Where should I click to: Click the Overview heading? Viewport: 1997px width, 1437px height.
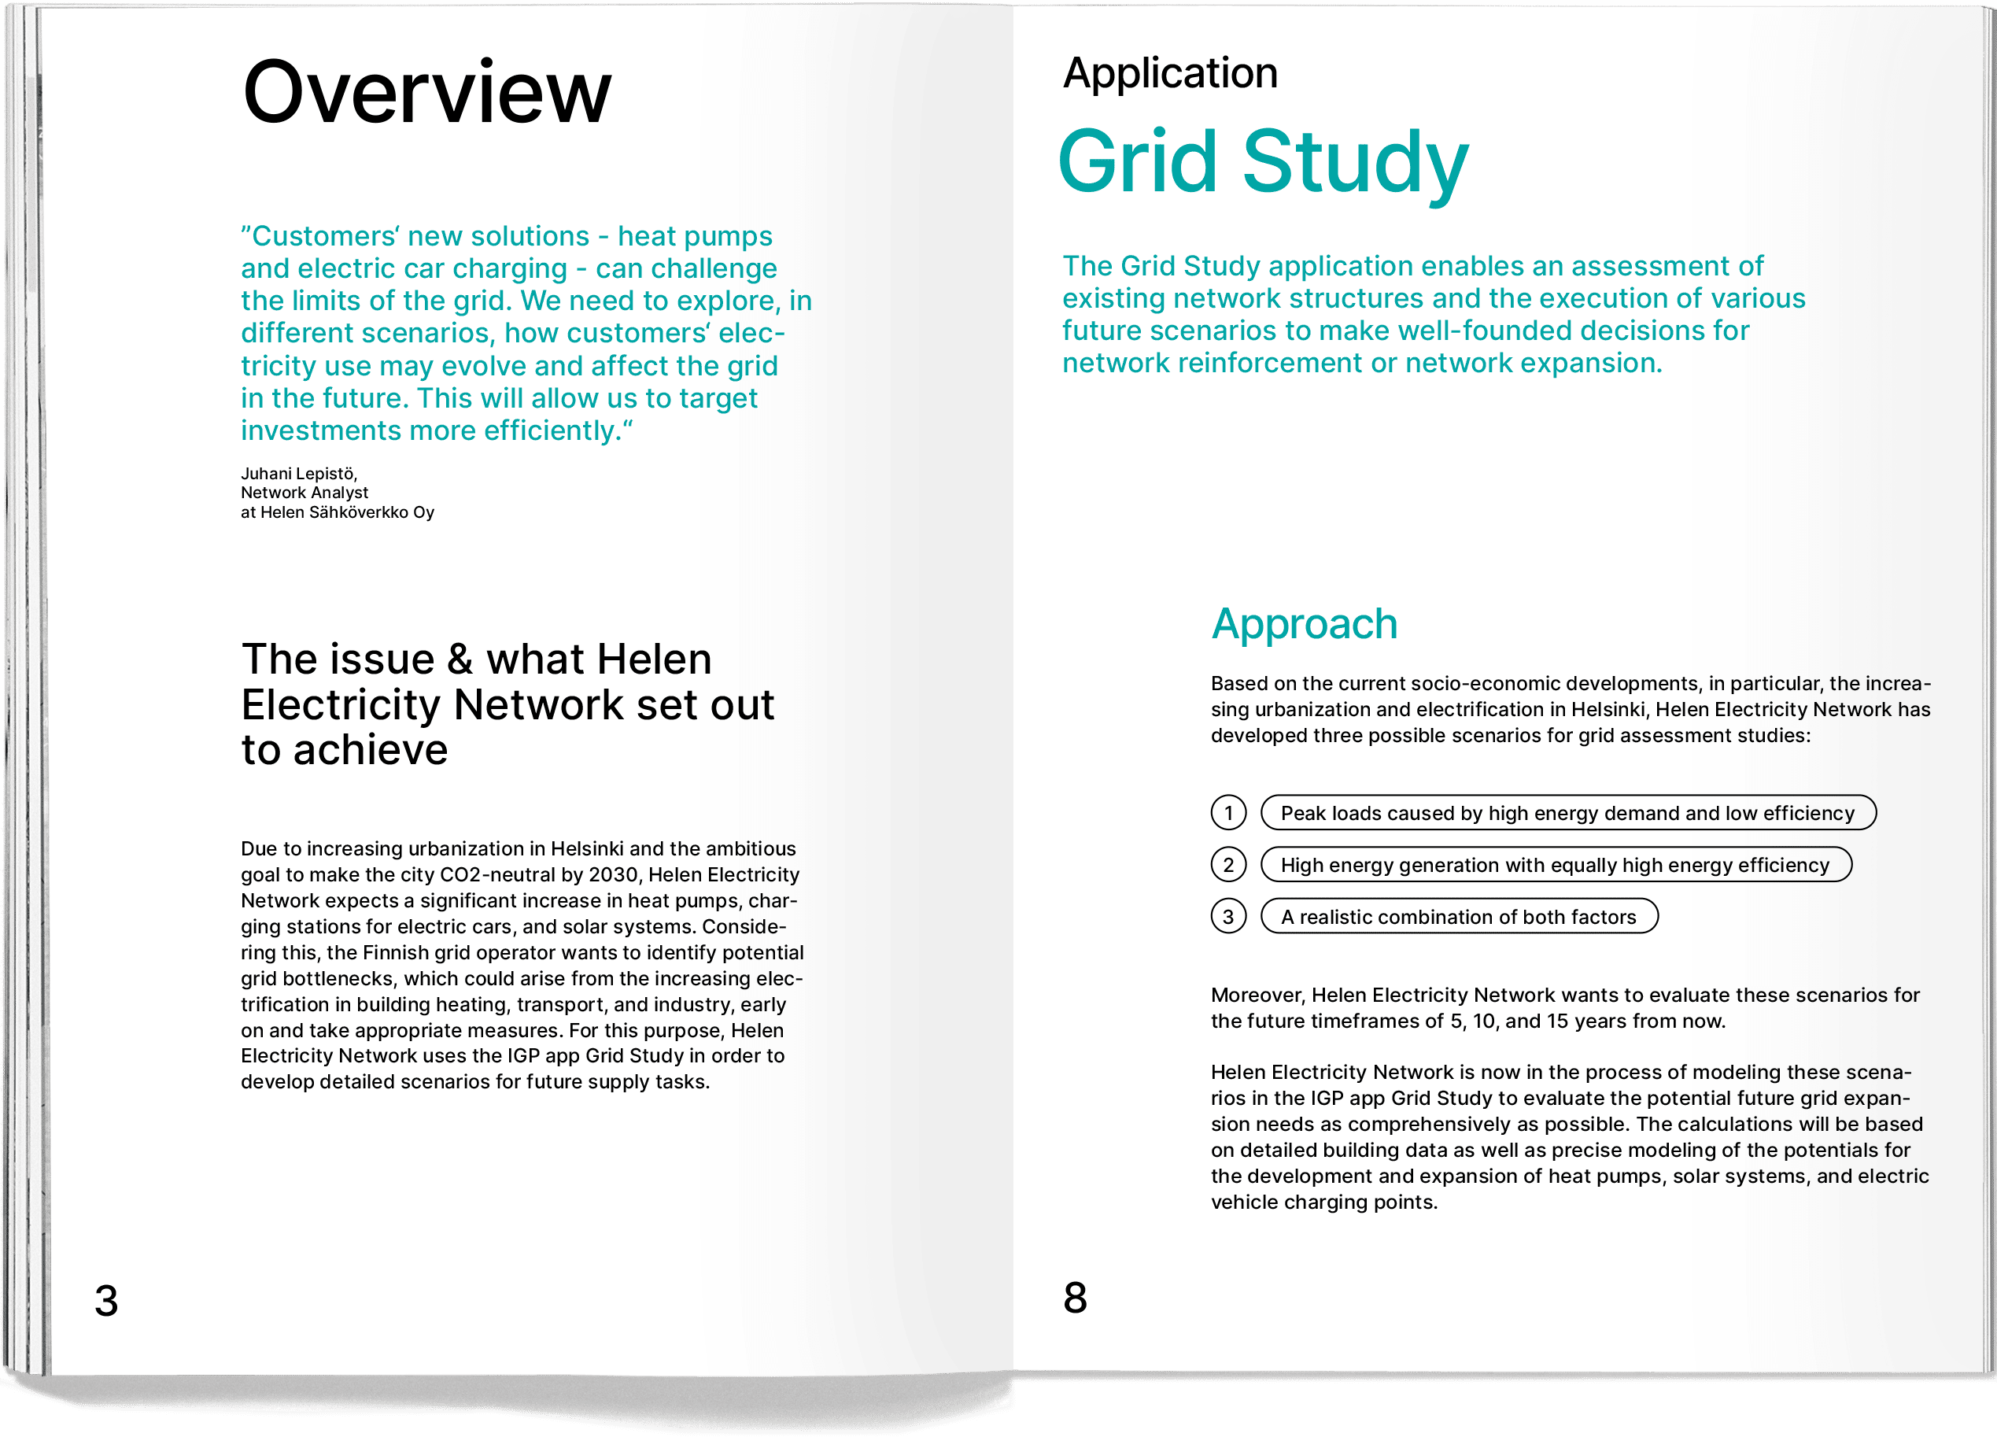point(426,92)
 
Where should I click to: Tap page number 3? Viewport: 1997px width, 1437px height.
point(106,1301)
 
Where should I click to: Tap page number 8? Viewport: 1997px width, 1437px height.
point(1075,1297)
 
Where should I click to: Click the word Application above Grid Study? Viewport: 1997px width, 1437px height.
point(1170,73)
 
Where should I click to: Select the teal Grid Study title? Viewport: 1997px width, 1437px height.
point(1263,163)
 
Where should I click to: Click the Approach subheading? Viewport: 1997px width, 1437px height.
point(1304,624)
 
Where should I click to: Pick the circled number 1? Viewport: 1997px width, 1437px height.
point(1228,813)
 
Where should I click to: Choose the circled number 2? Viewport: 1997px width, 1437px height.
point(1228,865)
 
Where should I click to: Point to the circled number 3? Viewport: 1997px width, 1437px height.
point(1228,917)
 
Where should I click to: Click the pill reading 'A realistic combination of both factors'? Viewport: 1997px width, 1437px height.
point(1459,917)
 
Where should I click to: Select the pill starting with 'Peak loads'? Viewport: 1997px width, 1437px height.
point(1567,813)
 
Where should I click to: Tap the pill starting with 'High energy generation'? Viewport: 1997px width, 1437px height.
point(1555,865)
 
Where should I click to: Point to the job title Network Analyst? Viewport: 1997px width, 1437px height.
point(305,493)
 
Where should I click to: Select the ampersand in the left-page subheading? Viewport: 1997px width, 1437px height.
point(460,659)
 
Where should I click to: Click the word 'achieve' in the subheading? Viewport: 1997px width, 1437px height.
point(371,751)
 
